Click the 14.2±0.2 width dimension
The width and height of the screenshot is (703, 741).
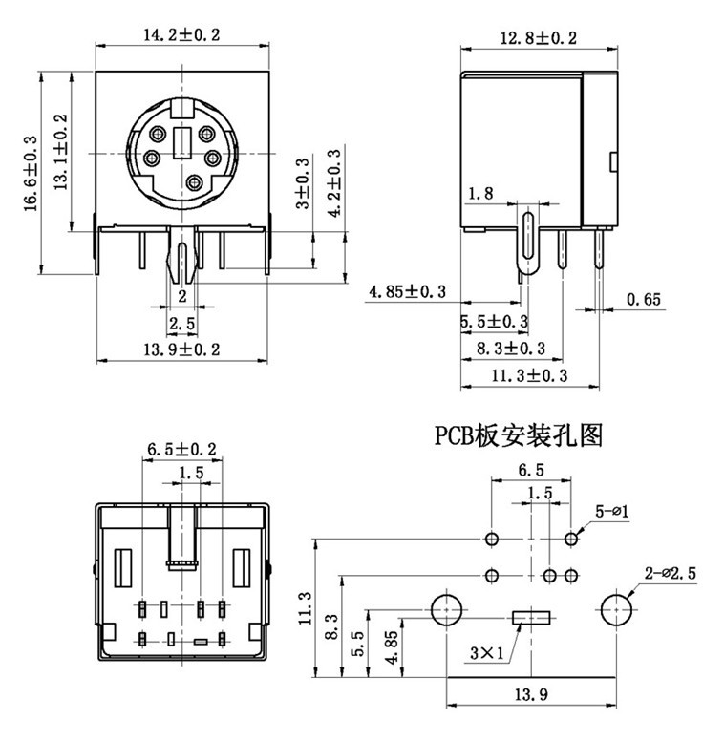181,35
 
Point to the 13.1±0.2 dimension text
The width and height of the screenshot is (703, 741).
60,151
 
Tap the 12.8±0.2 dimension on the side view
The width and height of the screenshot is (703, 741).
539,38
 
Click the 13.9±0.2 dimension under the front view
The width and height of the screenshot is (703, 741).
181,350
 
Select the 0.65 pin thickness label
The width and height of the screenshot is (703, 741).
644,300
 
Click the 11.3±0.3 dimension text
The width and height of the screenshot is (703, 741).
529,376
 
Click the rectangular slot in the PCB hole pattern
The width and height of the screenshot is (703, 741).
532,618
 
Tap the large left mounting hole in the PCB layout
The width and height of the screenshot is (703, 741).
447,608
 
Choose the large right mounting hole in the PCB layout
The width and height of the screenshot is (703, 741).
618,608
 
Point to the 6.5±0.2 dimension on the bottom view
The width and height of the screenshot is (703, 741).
181,449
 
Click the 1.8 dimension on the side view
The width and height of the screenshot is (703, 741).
480,194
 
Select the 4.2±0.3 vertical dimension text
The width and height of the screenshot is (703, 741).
333,183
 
